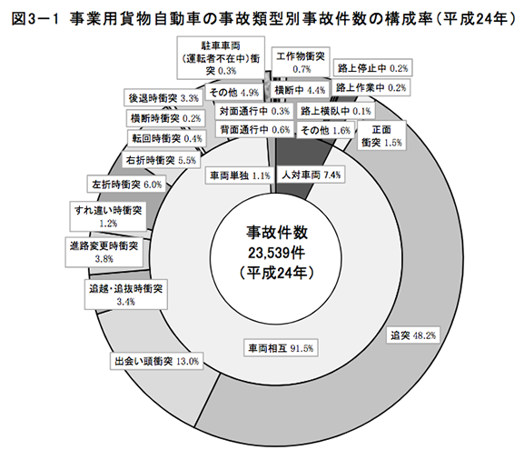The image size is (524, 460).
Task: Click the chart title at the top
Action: click(x=263, y=19)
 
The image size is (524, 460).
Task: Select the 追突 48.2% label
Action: click(x=413, y=335)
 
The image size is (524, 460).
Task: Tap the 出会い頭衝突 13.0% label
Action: click(x=157, y=361)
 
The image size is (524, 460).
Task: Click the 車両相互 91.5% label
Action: click(x=281, y=348)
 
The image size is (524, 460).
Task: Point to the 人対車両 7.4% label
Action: click(x=311, y=175)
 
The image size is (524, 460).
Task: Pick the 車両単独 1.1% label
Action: click(x=240, y=175)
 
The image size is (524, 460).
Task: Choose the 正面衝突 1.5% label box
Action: click(x=381, y=135)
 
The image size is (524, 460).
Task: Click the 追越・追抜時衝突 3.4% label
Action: click(x=126, y=295)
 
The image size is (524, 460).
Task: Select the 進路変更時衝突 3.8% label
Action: click(x=104, y=252)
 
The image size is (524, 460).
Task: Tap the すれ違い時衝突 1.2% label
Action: click(x=108, y=216)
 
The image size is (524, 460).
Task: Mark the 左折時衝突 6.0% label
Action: click(x=126, y=184)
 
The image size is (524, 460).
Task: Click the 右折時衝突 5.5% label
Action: click(x=161, y=160)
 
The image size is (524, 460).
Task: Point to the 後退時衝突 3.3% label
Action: click(x=163, y=98)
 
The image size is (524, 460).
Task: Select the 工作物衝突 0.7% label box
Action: click(x=301, y=62)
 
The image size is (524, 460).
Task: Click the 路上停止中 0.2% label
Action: click(x=372, y=68)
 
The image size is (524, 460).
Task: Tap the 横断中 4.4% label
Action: click(x=300, y=90)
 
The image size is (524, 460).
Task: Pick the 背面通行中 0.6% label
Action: click(x=254, y=129)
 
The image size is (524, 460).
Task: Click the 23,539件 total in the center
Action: click(x=276, y=253)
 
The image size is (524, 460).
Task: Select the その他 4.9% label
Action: click(x=234, y=92)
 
